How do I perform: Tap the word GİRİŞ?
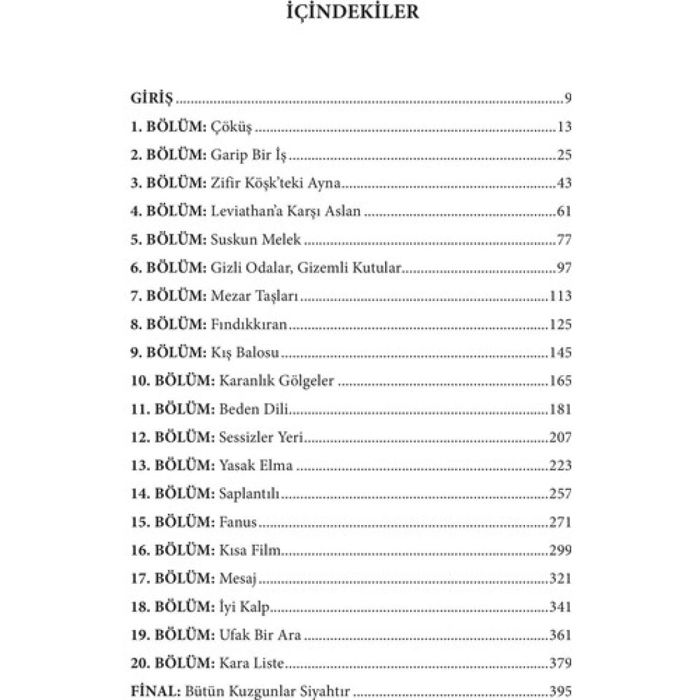152,98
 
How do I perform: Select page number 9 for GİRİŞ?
567,98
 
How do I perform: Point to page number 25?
564,155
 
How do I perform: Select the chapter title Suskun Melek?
255,239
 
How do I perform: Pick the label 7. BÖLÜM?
168,296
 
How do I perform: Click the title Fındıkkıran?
249,324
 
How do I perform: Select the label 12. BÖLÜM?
173,437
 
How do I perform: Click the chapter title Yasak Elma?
255,465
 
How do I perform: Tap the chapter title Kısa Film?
250,550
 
